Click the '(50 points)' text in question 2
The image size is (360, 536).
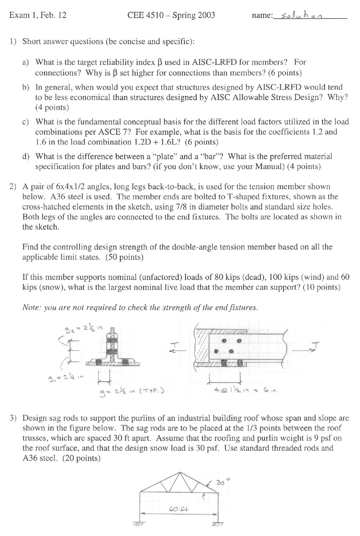[124, 257]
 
